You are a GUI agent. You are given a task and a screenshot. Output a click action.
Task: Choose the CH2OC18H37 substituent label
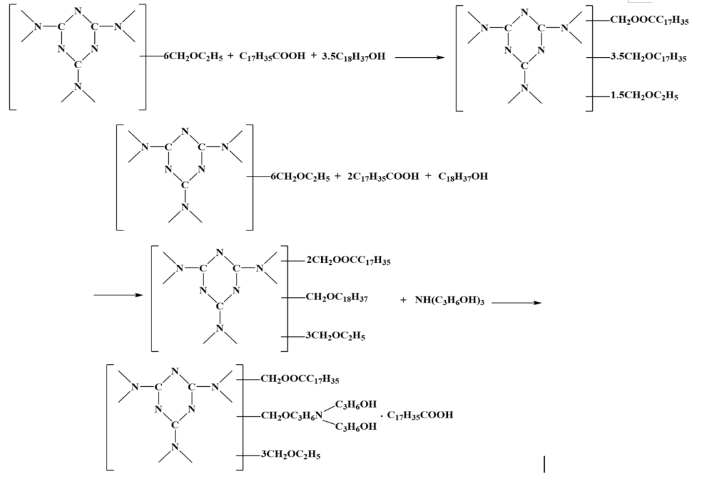(337, 299)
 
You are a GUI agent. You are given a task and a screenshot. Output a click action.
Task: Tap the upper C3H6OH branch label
(356, 404)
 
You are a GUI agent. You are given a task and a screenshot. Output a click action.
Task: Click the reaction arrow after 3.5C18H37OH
(419, 56)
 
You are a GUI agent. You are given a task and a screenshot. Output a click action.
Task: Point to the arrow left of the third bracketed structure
(118, 295)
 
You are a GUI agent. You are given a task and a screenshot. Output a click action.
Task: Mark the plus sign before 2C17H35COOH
(337, 176)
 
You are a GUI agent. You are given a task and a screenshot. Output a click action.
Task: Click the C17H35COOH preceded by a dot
(420, 415)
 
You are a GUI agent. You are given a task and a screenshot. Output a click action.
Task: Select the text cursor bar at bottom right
(544, 464)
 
